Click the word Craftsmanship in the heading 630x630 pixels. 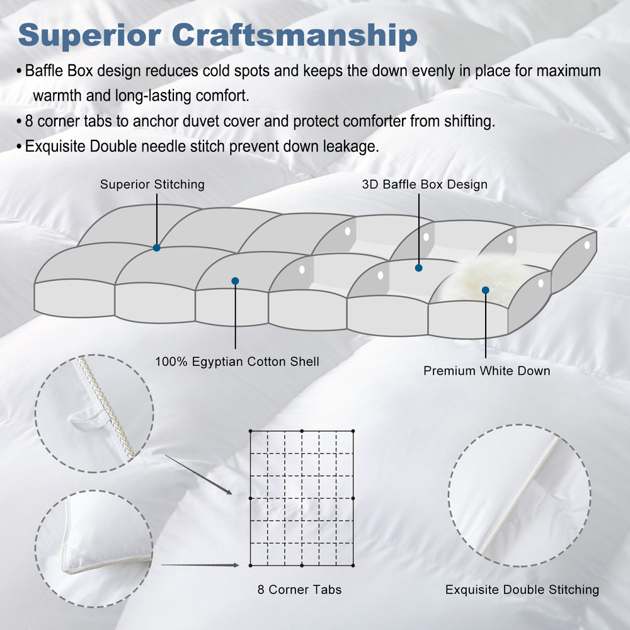click(295, 35)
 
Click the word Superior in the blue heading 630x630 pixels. click(89, 36)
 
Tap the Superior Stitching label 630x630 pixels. click(152, 185)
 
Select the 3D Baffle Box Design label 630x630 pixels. click(425, 185)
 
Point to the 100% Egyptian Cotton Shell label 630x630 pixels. click(237, 362)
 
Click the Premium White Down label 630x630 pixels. click(486, 370)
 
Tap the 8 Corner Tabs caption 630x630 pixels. click(299, 590)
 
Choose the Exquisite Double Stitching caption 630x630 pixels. click(522, 590)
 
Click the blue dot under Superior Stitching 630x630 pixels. click(157, 248)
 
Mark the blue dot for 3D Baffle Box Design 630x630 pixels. click(419, 268)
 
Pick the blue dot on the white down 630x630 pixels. click(485, 290)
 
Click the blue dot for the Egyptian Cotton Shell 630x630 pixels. click(236, 281)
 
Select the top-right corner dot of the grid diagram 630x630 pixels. click(353, 431)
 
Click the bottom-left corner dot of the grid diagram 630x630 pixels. click(250, 565)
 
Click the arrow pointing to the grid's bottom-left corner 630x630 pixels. click(200, 565)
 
